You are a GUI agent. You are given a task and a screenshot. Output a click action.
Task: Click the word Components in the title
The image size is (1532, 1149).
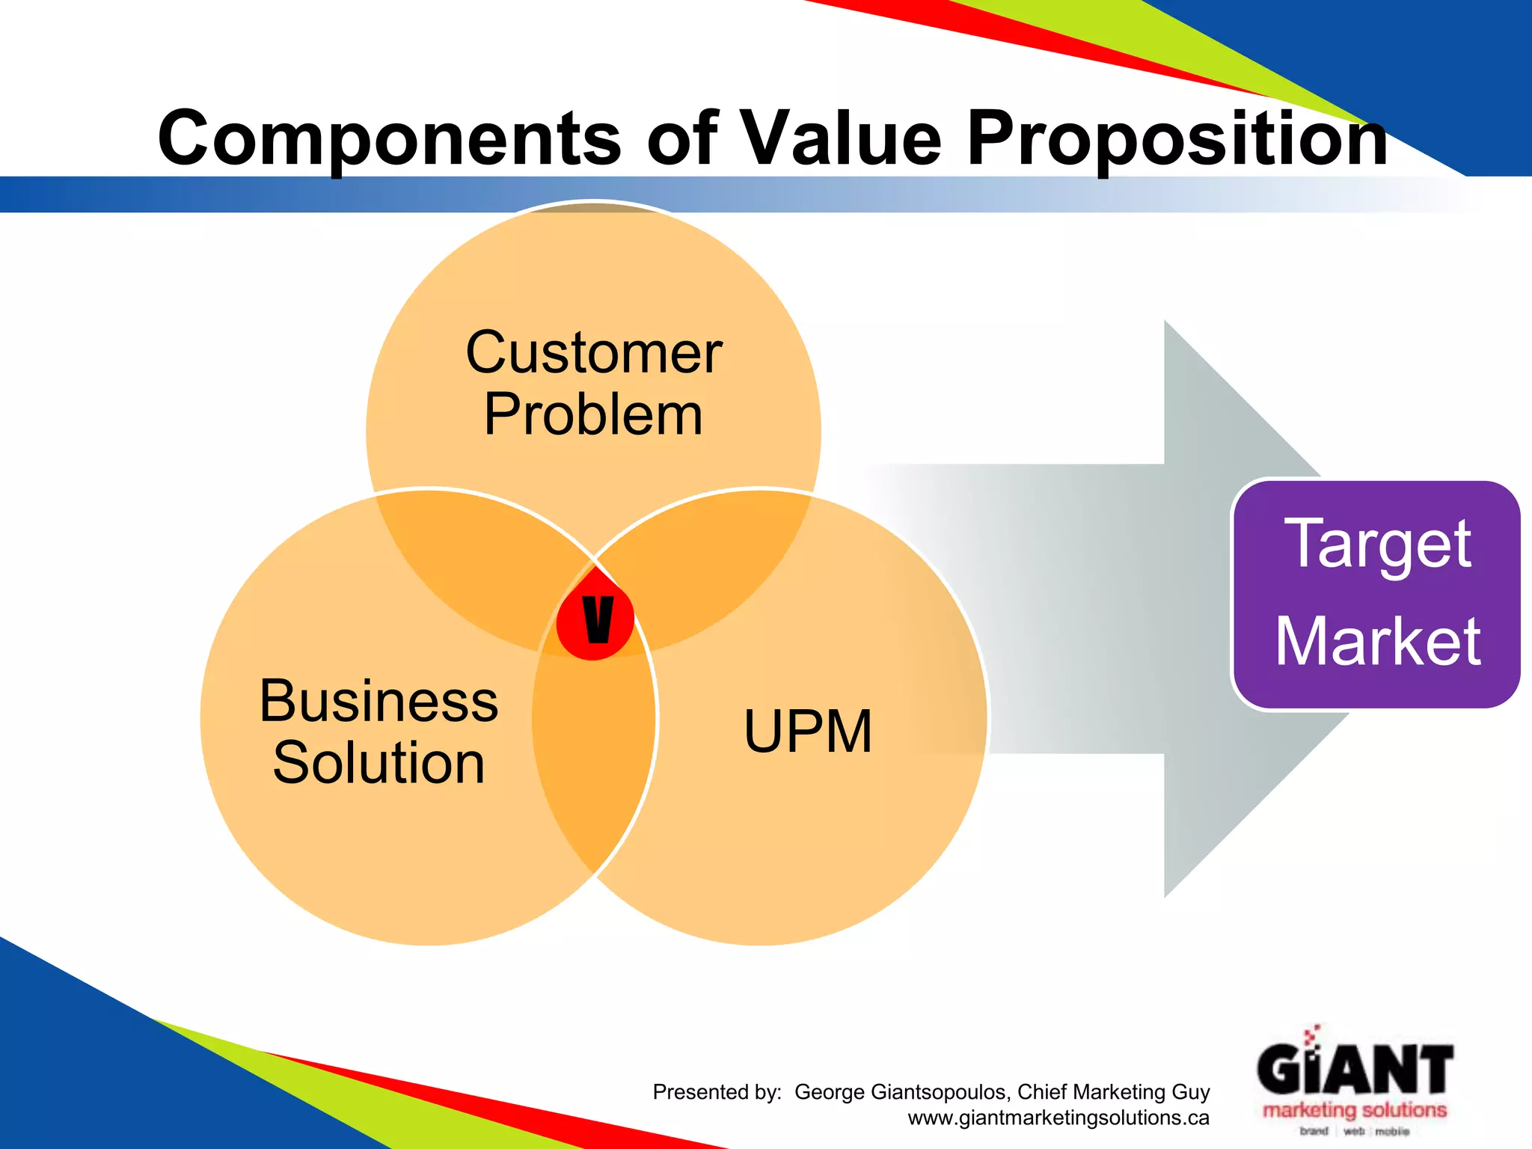(389, 139)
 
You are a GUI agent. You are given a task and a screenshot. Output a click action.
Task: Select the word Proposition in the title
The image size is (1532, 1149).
(1177, 139)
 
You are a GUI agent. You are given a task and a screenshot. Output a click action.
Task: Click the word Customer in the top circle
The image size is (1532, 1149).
(593, 353)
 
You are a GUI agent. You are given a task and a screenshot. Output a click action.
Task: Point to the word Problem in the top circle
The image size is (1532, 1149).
(593, 414)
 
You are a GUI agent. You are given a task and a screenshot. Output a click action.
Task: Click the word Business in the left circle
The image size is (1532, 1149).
(379, 702)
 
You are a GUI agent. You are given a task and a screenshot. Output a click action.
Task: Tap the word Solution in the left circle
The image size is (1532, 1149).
(379, 763)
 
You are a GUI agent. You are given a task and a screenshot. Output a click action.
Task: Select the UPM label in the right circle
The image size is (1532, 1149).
(808, 732)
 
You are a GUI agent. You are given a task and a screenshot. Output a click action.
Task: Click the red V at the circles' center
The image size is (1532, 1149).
(596, 619)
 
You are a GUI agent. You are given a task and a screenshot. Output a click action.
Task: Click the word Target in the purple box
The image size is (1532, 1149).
(1378, 544)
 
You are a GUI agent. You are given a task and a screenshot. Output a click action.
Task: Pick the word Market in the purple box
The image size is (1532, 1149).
(1378, 641)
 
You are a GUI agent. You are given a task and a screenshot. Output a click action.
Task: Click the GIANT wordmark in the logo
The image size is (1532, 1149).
(1355, 1070)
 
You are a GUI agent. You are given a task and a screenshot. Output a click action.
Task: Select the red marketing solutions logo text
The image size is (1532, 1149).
(1355, 1109)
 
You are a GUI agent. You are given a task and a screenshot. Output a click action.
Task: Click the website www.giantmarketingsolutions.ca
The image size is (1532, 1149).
(1058, 1118)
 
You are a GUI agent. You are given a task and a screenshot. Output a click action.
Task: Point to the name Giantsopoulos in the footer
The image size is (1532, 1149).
(939, 1092)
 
